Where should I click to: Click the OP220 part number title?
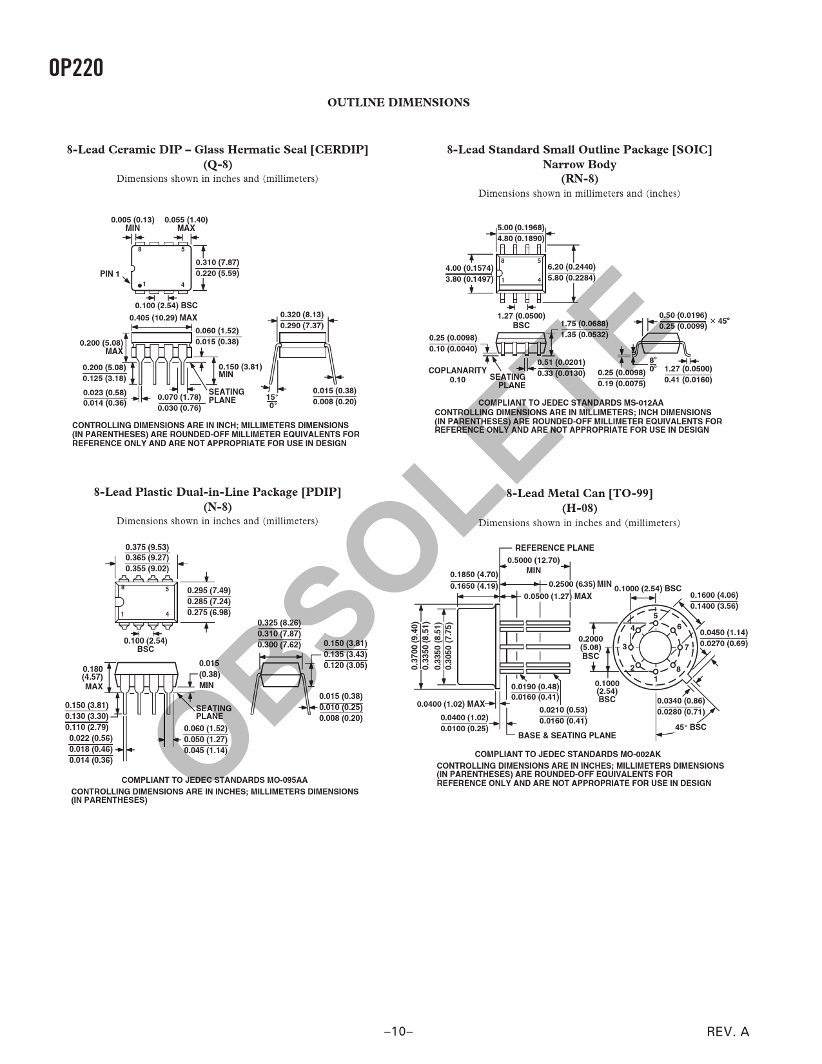76,68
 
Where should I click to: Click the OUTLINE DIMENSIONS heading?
398,103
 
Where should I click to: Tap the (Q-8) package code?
217,164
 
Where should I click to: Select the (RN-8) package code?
579,179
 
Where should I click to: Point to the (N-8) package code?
217,507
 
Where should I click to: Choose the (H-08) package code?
579,507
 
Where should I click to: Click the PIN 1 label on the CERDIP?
110,273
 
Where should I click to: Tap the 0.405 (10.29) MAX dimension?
163,318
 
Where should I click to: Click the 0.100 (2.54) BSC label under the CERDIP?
166,306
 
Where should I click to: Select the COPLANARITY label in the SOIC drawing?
457,371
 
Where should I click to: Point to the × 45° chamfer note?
719,321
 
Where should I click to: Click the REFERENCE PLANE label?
554,548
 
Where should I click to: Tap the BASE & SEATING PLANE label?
567,735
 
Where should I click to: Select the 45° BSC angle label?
690,727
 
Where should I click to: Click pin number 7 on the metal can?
687,647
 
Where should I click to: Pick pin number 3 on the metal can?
624,647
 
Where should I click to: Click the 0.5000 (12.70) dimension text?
533,560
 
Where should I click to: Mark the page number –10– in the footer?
398,1032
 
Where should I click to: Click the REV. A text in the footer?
728,1032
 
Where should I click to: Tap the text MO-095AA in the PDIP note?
288,780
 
